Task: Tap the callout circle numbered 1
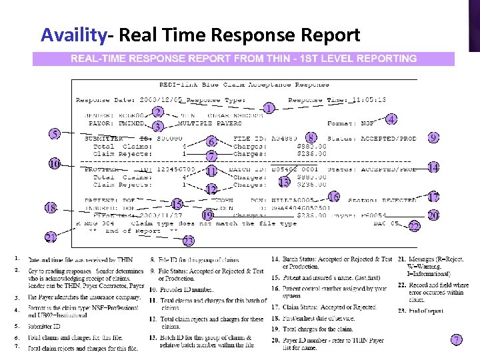coord(268,108)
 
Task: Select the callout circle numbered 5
coord(53,133)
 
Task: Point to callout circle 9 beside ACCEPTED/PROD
coord(433,138)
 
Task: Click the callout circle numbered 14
coord(433,167)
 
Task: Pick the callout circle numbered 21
coord(51,237)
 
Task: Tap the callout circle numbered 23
coord(189,241)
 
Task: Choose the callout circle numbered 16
coord(333,197)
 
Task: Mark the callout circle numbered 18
coord(51,209)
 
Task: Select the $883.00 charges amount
coord(312,146)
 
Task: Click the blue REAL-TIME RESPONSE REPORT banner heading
coord(244,59)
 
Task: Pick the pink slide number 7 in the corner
coord(456,340)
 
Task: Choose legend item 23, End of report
coord(421,311)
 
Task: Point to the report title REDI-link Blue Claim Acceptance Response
coord(244,85)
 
